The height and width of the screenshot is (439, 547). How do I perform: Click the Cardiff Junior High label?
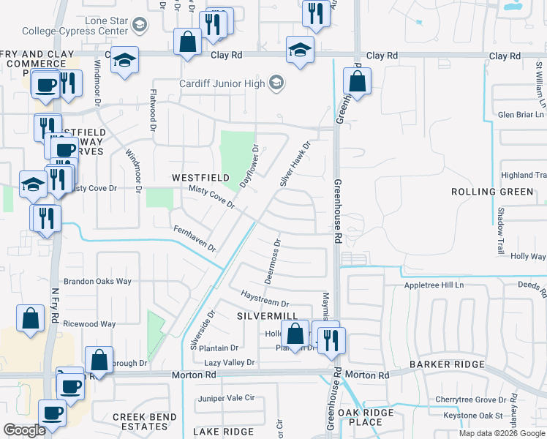coord(222,83)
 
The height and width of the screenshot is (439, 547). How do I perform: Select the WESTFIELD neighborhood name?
coord(200,178)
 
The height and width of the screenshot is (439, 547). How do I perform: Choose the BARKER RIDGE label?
coord(446,364)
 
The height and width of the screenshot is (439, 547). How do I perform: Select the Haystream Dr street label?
coord(265,299)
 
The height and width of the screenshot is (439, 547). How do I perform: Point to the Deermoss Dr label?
coord(271,260)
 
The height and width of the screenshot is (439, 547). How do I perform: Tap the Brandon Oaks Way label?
coord(97,281)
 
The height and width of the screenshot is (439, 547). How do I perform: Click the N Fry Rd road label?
coord(54,304)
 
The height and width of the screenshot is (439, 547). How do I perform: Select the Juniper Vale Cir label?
coord(226,398)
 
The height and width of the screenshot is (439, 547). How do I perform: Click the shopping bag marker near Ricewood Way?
coord(30,318)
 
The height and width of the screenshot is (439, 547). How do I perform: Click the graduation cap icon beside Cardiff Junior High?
coord(276,83)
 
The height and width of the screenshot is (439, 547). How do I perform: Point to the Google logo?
coord(24,430)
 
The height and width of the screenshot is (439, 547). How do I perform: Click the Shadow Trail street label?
coord(502,229)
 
